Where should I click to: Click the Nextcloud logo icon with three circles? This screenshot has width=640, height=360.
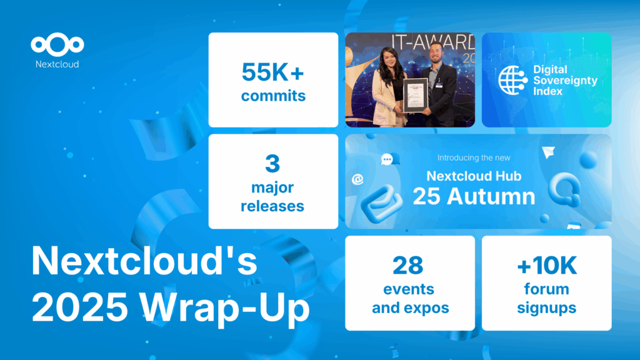[57, 45]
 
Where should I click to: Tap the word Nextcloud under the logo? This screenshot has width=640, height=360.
[57, 64]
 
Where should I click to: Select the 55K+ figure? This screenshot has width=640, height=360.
[273, 72]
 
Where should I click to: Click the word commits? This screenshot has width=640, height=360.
[273, 96]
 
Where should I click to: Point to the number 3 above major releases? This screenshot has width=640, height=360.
[272, 164]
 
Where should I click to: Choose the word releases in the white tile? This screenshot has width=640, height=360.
[273, 206]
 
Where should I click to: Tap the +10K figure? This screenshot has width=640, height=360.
[547, 266]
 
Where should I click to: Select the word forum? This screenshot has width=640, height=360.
[547, 289]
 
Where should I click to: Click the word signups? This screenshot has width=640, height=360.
[547, 308]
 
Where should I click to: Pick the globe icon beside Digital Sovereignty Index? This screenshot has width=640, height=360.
[512, 79]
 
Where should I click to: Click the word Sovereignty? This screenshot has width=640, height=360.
[565, 80]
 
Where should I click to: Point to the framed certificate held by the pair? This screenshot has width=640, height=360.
[415, 95]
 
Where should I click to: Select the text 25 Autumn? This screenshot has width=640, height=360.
[474, 196]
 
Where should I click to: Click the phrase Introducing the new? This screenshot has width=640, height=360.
[478, 157]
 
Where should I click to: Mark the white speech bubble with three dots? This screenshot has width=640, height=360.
[386, 160]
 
